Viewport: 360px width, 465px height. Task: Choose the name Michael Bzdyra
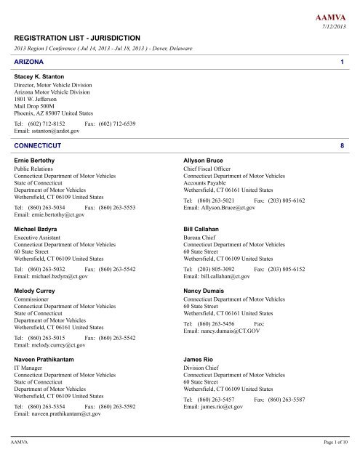pyautogui.click(x=39, y=228)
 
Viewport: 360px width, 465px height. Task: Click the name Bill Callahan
pyautogui.click(x=204, y=228)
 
